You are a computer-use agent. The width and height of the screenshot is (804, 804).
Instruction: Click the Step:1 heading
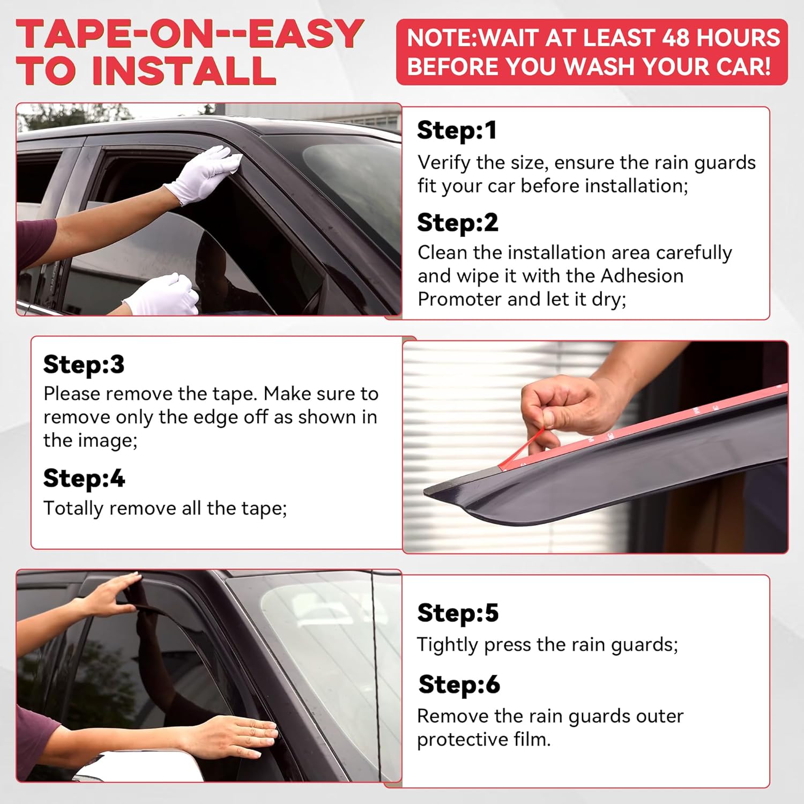point(457,130)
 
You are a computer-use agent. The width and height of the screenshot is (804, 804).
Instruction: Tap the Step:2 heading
point(458,222)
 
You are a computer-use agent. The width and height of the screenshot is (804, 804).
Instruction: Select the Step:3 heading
point(84,364)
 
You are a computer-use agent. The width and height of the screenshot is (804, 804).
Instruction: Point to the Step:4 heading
point(84,478)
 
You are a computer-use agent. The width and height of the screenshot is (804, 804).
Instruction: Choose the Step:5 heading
point(458,613)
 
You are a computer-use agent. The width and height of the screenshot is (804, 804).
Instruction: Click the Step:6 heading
point(459,684)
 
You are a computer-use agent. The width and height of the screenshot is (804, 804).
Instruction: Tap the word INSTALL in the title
point(184,70)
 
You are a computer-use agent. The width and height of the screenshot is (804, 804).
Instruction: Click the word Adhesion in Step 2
point(642,276)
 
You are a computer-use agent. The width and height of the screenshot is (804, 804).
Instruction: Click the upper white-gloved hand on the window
point(204,173)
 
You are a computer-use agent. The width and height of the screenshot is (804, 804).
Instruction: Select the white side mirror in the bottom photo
point(139,766)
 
